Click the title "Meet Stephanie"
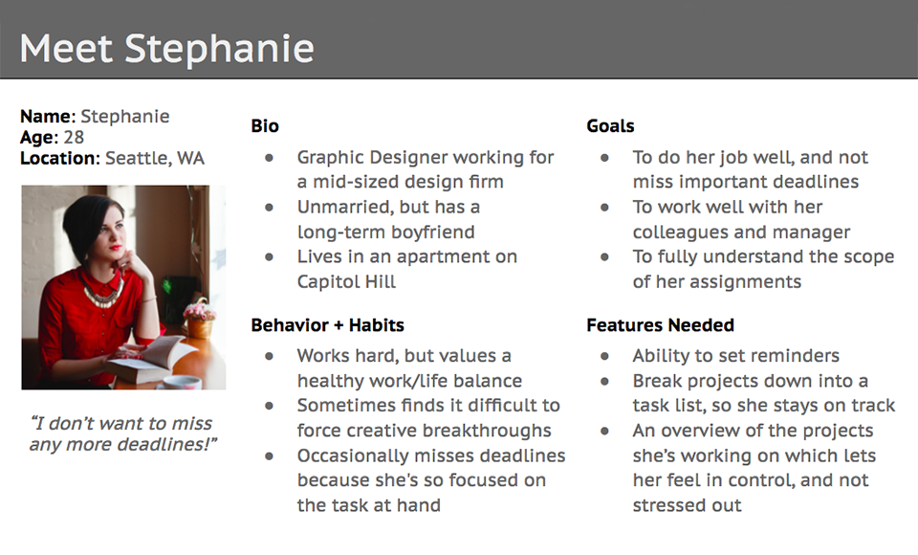[166, 48]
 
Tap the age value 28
[74, 137]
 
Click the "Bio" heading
[265, 126]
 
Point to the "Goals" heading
[610, 126]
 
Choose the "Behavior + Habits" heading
[327, 325]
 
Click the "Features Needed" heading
[660, 325]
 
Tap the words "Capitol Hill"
[346, 282]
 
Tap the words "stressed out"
[687, 505]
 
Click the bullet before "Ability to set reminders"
[604, 356]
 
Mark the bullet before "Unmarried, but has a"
[270, 207]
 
